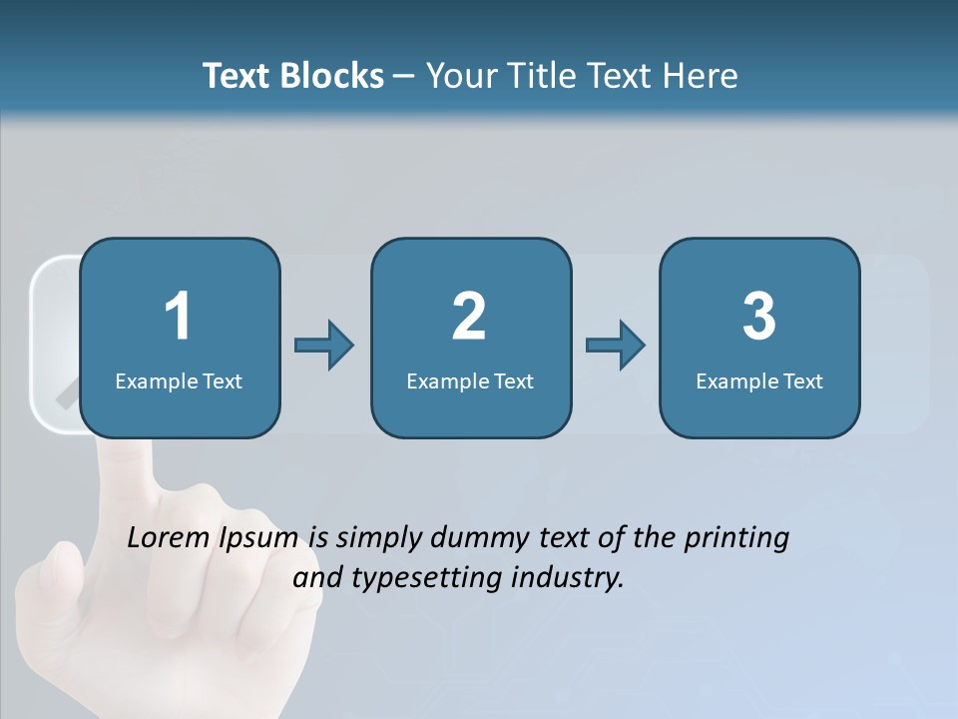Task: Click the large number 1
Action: coord(178,317)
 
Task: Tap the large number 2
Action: coord(469,317)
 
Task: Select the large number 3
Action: coord(759,317)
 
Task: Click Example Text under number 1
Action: coord(179,381)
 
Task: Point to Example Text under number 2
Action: coord(470,381)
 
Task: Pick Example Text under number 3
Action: coord(759,381)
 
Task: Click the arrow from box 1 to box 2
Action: coord(324,346)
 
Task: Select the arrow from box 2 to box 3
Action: coord(616,346)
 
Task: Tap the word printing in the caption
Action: coord(736,539)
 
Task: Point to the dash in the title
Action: coord(404,76)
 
